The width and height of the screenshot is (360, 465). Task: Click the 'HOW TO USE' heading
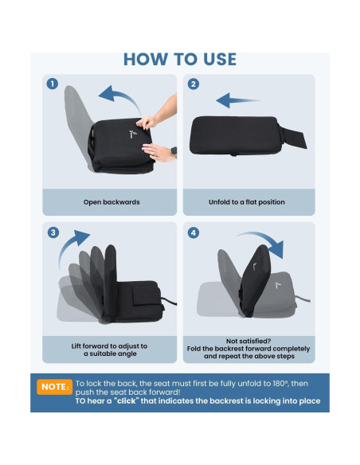pyautogui.click(x=180, y=59)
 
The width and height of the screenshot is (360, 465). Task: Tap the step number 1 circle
pyautogui.click(x=53, y=84)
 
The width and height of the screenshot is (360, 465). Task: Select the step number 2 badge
pyautogui.click(x=194, y=84)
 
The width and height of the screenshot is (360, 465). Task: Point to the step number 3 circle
pyautogui.click(x=53, y=232)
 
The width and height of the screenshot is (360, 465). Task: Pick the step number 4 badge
pyautogui.click(x=194, y=232)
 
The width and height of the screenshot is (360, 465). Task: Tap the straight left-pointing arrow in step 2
pyautogui.click(x=237, y=100)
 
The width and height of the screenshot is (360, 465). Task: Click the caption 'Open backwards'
pyautogui.click(x=112, y=202)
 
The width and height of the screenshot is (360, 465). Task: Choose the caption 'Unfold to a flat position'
pyautogui.click(x=247, y=202)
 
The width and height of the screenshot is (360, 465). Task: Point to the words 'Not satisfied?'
pyautogui.click(x=248, y=341)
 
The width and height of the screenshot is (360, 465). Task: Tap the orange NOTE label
pyautogui.click(x=55, y=387)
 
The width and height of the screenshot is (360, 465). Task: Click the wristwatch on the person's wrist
pyautogui.click(x=174, y=152)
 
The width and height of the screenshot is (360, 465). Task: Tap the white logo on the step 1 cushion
pyautogui.click(x=132, y=135)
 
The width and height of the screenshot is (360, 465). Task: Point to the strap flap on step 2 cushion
pyautogui.click(x=293, y=137)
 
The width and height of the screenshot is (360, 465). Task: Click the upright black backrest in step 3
pyautogui.click(x=110, y=282)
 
